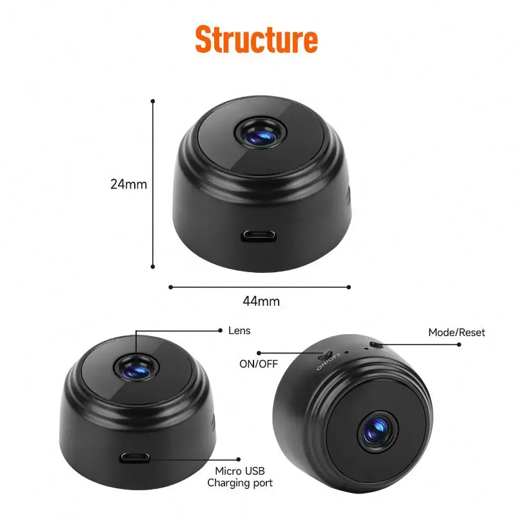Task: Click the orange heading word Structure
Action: [257, 39]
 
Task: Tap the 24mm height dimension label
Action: [128, 184]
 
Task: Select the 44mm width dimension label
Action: [261, 301]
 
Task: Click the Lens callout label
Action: [239, 331]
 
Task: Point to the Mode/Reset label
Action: [457, 333]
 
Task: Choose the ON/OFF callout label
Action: [258, 364]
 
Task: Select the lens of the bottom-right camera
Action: [375, 431]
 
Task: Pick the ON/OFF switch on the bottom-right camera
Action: [326, 355]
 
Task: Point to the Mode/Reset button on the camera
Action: [377, 346]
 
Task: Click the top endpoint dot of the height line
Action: [153, 101]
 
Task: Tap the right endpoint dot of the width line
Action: [349, 287]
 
